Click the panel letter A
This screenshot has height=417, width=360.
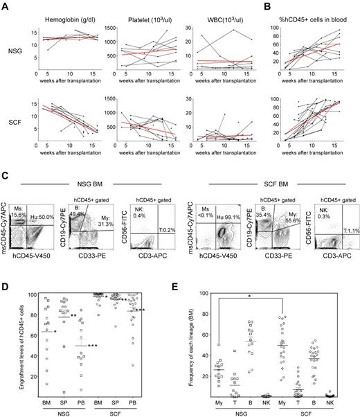pos(5,6)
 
